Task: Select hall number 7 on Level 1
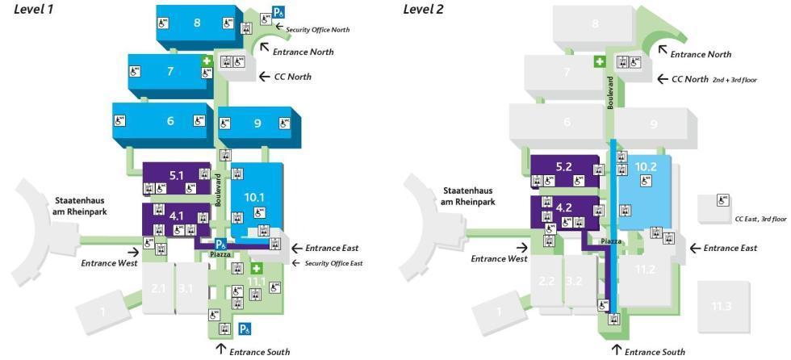coord(170,71)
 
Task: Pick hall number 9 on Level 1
coord(257,123)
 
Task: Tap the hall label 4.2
coord(564,207)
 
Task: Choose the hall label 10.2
coord(645,167)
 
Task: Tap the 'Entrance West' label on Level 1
coord(109,262)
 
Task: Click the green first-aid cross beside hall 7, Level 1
coord(207,61)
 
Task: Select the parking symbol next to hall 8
coord(278,12)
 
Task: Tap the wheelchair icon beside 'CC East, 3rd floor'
coord(724,199)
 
